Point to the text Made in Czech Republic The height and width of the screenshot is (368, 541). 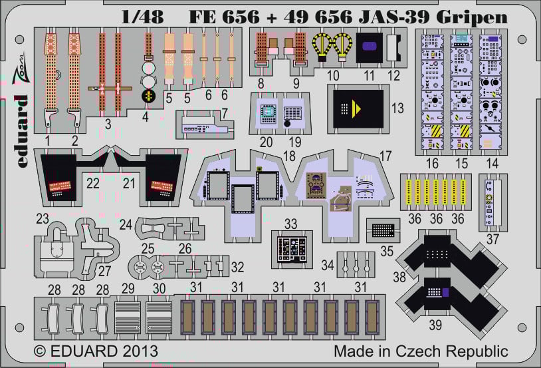pos(421,351)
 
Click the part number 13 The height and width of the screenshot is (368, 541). pos(397,108)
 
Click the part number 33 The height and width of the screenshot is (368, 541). pos(290,224)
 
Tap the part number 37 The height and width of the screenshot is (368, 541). pos(492,238)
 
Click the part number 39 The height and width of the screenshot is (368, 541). pos(435,325)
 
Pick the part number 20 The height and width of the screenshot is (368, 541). pos(267,141)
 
